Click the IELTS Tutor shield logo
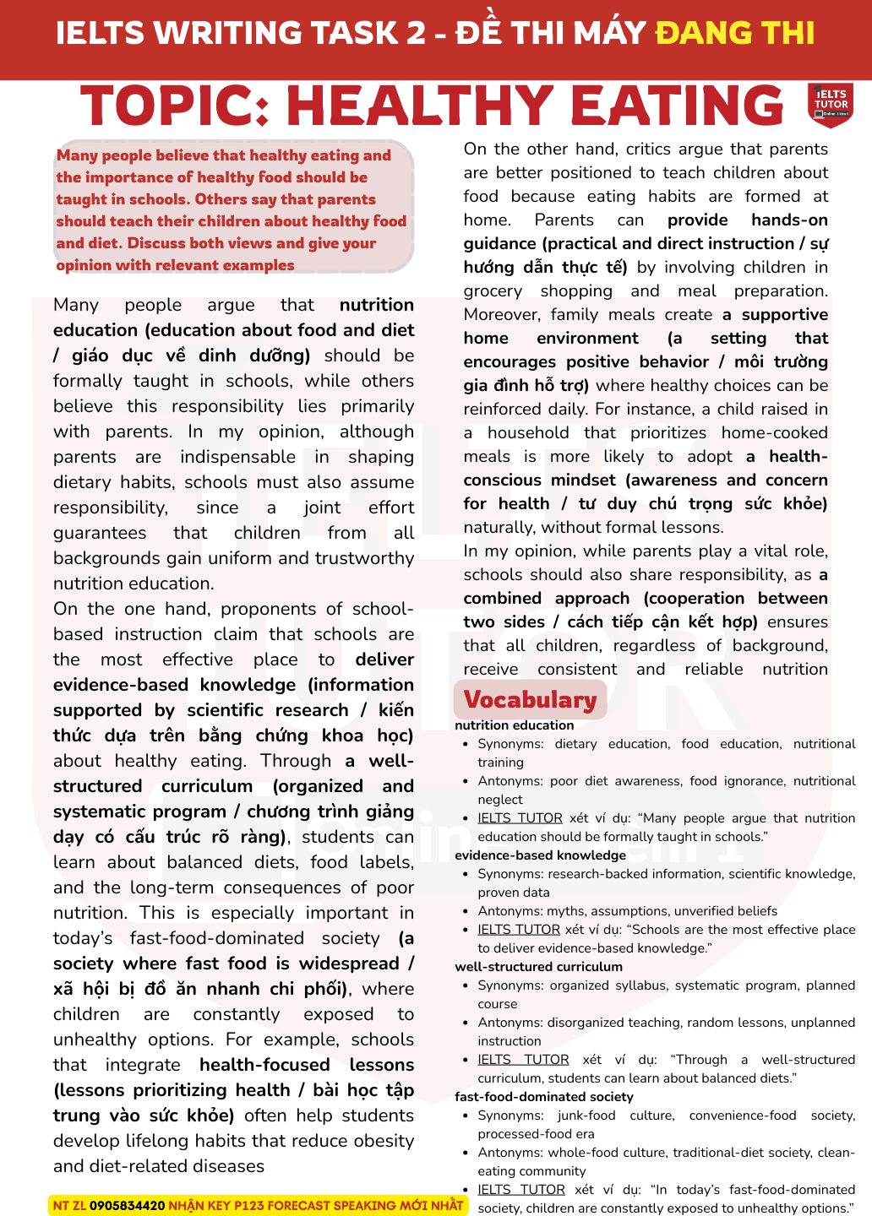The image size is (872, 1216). [830, 105]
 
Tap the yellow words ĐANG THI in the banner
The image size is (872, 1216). [734, 33]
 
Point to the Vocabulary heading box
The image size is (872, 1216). [530, 700]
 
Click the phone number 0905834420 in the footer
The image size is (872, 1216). [127, 1205]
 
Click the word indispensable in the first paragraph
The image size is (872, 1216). [237, 457]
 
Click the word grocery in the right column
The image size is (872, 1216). [493, 290]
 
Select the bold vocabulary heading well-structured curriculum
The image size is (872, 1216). [538, 967]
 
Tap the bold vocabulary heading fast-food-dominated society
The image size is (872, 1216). [543, 1097]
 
